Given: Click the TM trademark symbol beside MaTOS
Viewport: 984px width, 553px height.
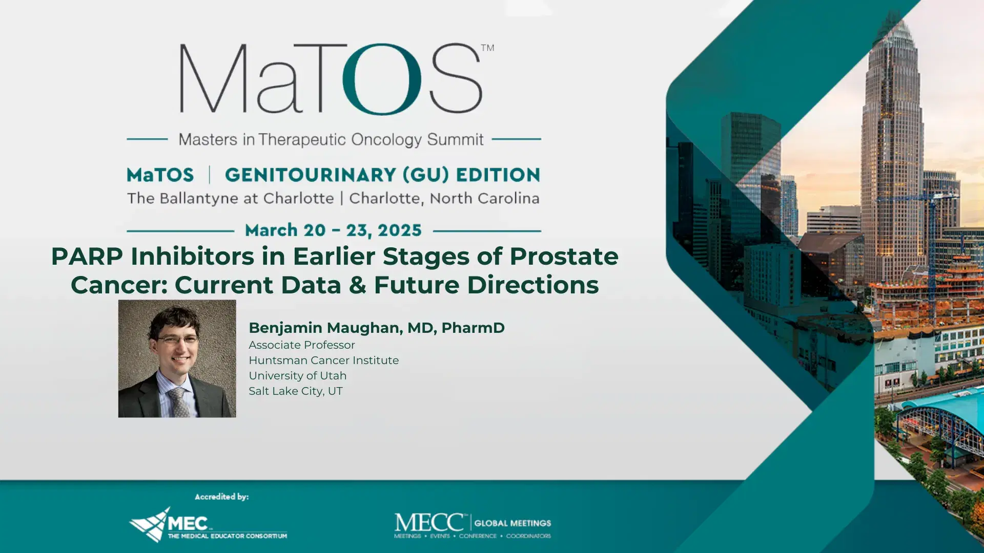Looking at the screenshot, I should [x=487, y=48].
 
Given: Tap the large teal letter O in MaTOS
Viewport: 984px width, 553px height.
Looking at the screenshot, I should [x=382, y=79].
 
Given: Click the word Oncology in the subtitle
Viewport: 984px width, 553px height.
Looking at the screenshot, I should [x=386, y=139].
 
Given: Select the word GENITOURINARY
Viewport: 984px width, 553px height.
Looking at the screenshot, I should [x=310, y=175].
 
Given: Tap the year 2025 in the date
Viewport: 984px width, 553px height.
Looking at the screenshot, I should [x=399, y=230].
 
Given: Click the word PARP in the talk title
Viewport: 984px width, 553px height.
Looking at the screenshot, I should [x=87, y=256].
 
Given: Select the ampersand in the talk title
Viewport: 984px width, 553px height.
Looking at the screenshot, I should [x=357, y=285].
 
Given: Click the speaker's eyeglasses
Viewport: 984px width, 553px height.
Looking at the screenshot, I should [x=177, y=339].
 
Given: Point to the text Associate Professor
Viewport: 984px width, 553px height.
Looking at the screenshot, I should [x=301, y=345].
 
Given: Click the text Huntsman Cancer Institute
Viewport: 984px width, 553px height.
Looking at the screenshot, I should [x=323, y=360].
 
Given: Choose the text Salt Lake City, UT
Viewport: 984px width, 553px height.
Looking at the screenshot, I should [x=295, y=391].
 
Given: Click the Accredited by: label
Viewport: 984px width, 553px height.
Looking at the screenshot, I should [x=221, y=497].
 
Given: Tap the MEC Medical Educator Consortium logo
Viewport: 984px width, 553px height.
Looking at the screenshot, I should [x=208, y=525].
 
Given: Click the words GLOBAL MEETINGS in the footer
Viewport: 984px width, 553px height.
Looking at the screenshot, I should [x=512, y=523].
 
